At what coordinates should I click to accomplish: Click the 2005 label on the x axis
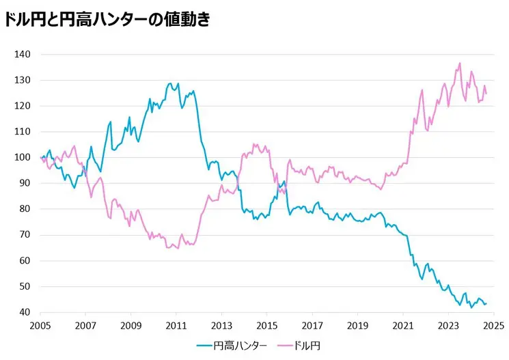click(x=41, y=326)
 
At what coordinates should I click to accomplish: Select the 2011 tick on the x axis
click(x=176, y=326)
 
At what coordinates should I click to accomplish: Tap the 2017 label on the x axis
click(x=312, y=326)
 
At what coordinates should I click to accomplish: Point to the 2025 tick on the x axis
click(x=493, y=326)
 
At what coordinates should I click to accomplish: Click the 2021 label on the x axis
click(x=403, y=326)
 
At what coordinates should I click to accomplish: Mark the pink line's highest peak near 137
click(x=460, y=64)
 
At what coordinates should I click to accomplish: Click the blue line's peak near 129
click(x=170, y=84)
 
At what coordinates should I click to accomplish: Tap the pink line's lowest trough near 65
click(x=178, y=248)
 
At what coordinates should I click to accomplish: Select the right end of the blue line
click(x=486, y=304)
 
